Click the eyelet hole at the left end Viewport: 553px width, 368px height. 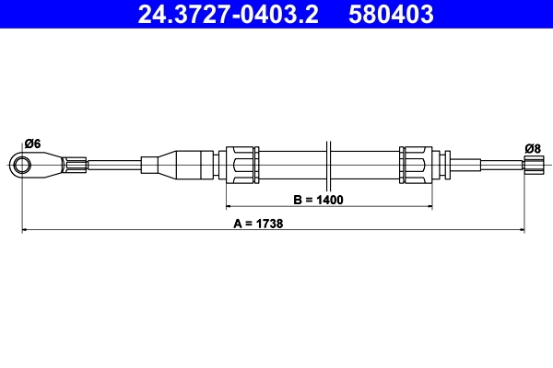click(x=22, y=165)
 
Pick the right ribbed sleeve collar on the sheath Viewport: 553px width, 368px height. click(x=416, y=165)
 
